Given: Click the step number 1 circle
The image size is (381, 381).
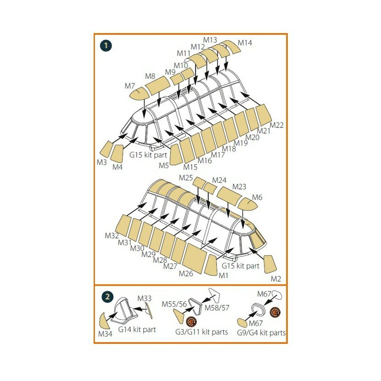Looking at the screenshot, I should (106, 45).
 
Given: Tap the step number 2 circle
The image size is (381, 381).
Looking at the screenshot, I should (106, 297).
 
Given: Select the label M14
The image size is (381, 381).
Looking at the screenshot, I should (245, 43).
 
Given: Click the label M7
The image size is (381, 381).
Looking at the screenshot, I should (129, 86).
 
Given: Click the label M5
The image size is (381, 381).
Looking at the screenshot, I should (164, 165).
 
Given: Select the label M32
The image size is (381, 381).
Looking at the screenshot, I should (112, 236).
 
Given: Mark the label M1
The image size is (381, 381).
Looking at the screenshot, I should (224, 275).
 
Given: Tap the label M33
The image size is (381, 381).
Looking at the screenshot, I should (145, 299).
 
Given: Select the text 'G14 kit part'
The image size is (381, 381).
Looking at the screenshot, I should (137, 330).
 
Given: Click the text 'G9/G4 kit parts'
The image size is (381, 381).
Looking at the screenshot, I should (261, 333).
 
